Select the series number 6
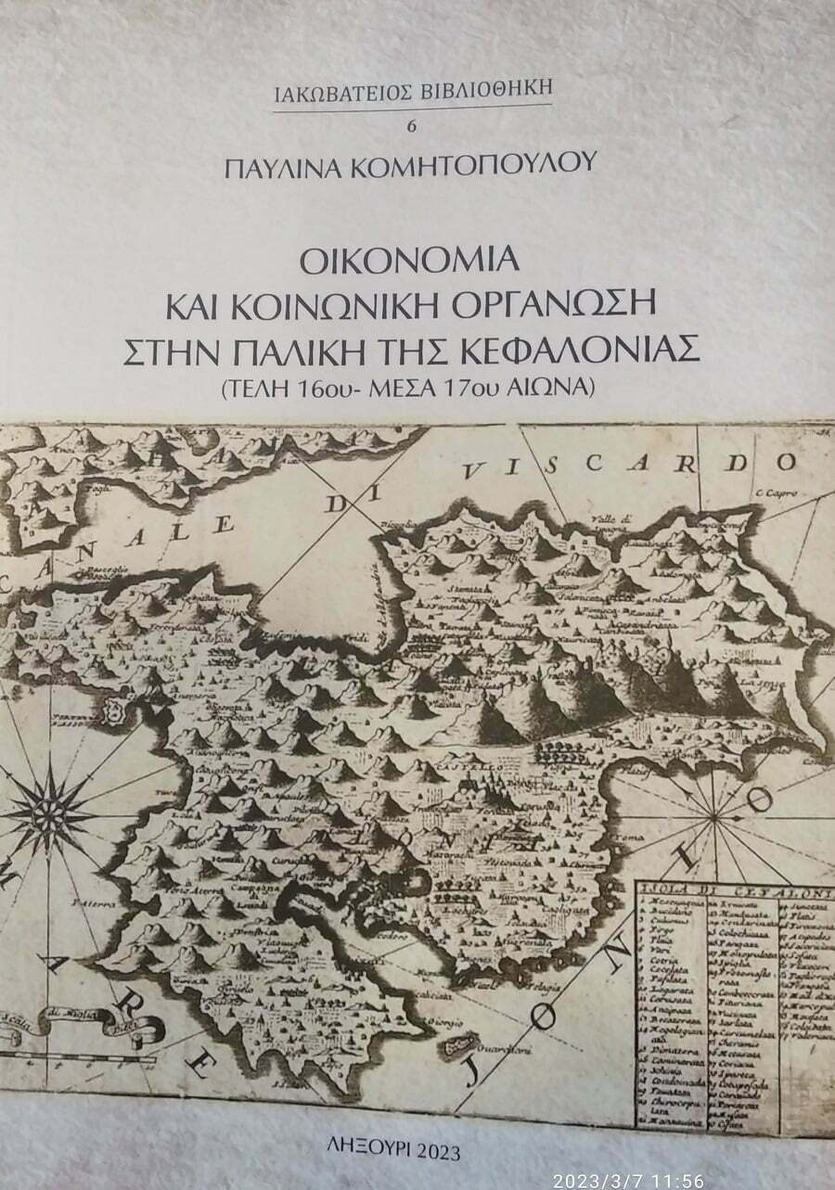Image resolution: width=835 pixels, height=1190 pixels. coord(414,126)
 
